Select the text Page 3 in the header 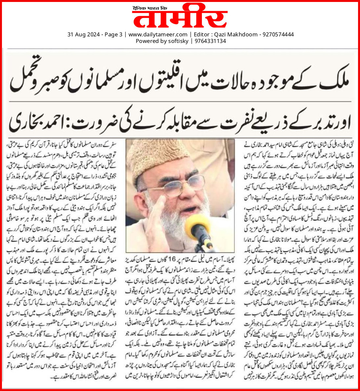pos(113,34)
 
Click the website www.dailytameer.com pos(158,34)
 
